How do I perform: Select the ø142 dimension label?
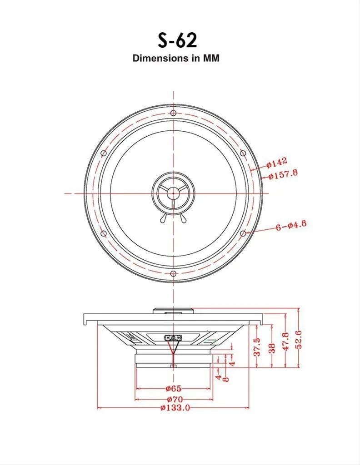pyautogui.click(x=277, y=163)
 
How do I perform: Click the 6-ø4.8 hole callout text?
pyautogui.click(x=291, y=225)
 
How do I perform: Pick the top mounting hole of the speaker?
pyautogui.click(x=173, y=113)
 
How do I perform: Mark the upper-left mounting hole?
pyautogui.click(x=104, y=153)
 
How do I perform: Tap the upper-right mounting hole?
pyautogui.click(x=243, y=153)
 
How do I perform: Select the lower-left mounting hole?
pyautogui.click(x=104, y=233)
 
